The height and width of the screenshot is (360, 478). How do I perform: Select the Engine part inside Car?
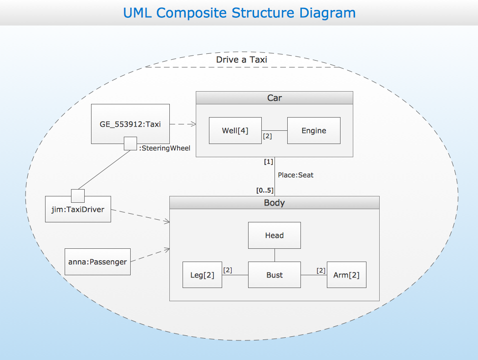coord(314,131)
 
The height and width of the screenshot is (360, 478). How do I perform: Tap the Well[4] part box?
coord(235,131)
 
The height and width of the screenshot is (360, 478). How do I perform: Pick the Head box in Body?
coord(275,235)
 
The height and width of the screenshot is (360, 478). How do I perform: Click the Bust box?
coord(275,275)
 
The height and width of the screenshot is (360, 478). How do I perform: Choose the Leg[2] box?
coord(202,275)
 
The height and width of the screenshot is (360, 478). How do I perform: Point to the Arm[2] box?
coord(346,275)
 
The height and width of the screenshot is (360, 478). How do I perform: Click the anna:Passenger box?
coord(97,262)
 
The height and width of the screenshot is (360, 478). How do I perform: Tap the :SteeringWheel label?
coord(165,148)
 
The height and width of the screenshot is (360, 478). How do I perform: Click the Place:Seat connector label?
coord(296,175)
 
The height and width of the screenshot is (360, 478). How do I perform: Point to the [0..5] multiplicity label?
coord(264,190)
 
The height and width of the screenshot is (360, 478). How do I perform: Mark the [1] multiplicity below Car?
coord(269,161)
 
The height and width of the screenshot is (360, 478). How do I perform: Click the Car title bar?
coord(275,98)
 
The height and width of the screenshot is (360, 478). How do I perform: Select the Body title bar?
coord(275,203)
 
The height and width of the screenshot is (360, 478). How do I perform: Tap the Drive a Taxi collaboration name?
coord(242,60)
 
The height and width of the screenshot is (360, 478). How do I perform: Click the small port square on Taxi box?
coord(131,144)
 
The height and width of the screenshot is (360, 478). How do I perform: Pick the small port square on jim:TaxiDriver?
coord(78,195)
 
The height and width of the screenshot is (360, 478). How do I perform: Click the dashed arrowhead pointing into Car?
coord(193,124)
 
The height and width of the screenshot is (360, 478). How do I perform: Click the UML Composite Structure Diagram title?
coord(239,13)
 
